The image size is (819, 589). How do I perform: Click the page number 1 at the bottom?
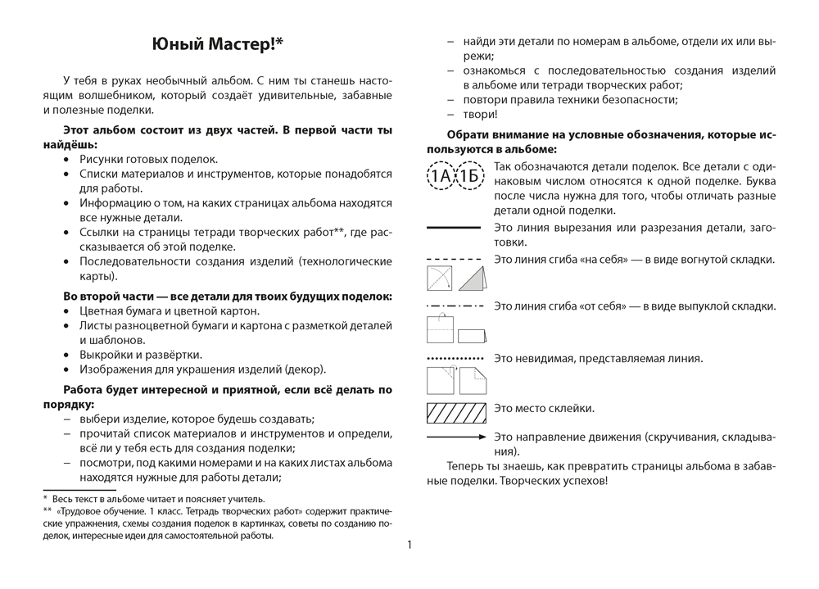409,544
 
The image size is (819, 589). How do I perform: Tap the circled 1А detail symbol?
440,174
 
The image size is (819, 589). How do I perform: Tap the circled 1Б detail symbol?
469,174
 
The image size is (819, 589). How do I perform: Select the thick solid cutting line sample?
454,227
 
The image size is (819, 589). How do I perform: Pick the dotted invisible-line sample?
455,359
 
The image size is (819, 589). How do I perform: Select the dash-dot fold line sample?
455,306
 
